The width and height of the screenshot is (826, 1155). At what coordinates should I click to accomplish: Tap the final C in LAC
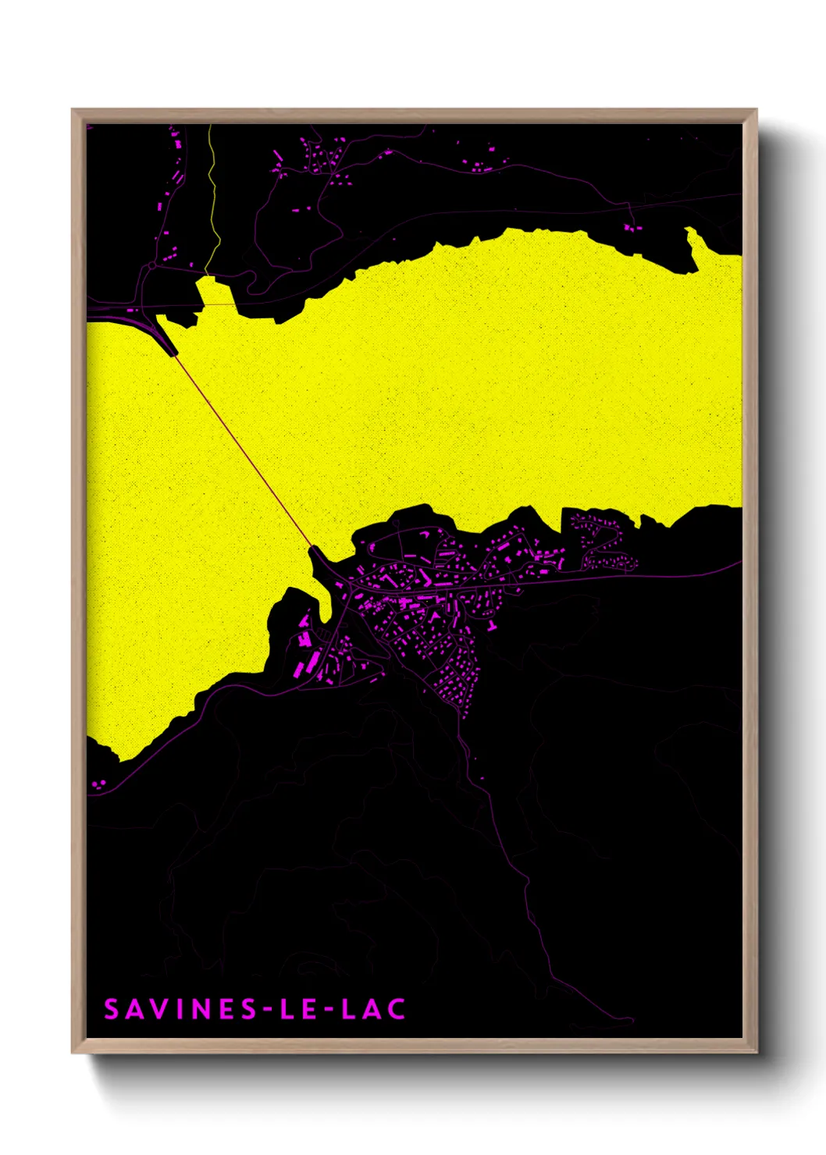[397, 1009]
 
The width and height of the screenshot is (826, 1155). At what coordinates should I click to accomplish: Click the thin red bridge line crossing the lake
[242, 450]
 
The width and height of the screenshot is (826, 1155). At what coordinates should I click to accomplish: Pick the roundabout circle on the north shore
[151, 267]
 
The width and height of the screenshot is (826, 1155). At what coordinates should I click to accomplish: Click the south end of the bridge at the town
[312, 549]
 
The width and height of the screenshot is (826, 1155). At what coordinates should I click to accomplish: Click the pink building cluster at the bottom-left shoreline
[99, 784]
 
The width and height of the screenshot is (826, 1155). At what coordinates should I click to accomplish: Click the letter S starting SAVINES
[112, 1009]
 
